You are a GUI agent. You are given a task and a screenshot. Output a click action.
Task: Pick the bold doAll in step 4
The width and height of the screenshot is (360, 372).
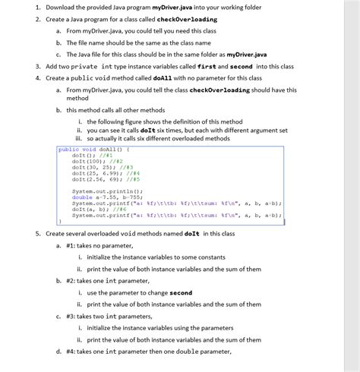163,77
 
